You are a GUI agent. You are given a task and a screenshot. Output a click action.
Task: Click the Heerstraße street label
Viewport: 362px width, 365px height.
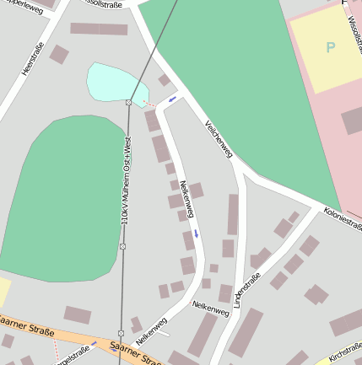[32, 60]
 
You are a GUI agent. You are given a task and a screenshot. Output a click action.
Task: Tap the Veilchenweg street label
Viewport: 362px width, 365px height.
[219, 138]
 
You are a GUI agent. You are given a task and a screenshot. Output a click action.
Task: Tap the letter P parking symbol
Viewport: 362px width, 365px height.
[330, 47]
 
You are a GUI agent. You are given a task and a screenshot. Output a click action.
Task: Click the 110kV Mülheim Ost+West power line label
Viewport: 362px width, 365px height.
[126, 181]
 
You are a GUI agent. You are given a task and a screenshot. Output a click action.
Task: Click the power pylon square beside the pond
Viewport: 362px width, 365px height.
[128, 102]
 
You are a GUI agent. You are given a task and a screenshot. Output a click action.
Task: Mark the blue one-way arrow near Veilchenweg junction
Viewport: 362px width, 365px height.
[172, 99]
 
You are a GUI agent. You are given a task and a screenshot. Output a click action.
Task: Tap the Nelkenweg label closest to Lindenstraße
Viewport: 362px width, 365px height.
[210, 309]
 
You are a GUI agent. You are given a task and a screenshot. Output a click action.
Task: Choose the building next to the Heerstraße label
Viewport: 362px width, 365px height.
[59, 55]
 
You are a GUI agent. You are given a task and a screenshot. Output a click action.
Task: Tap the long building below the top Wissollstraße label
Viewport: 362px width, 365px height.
[99, 29]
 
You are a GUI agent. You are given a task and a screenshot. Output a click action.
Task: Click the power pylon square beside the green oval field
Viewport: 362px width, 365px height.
[122, 246]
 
